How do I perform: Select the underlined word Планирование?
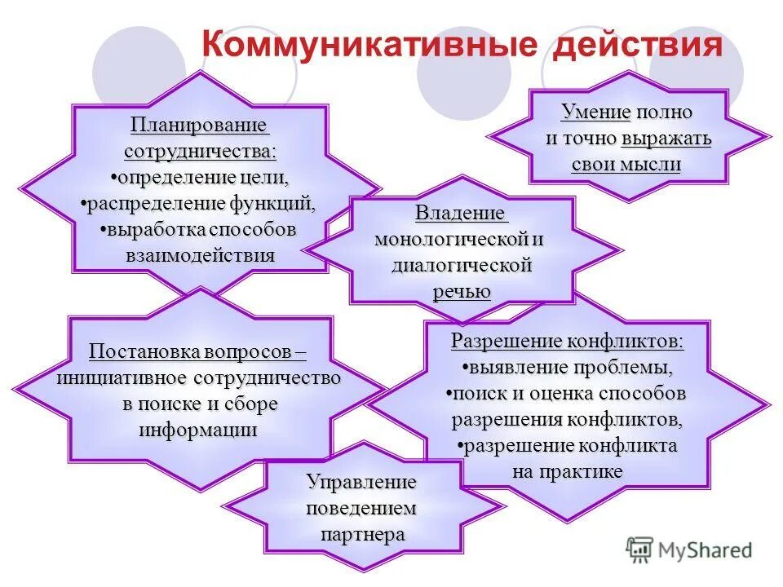pyautogui.click(x=200, y=126)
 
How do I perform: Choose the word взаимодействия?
pyautogui.click(x=200, y=254)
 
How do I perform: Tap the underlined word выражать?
pyautogui.click(x=666, y=138)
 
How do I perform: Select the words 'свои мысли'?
pyautogui.click(x=626, y=164)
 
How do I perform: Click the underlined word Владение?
pyautogui.click(x=461, y=214)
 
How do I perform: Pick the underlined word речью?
pyautogui.click(x=462, y=291)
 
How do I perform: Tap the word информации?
pyautogui.click(x=198, y=430)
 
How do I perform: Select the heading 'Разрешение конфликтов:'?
pyautogui.click(x=568, y=342)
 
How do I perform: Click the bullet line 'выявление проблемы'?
pyautogui.click(x=568, y=368)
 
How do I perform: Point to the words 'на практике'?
pyautogui.click(x=568, y=472)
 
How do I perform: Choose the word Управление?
pyautogui.click(x=362, y=483)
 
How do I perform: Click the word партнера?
pyautogui.click(x=362, y=535)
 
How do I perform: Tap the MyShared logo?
pyautogui.click(x=689, y=549)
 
